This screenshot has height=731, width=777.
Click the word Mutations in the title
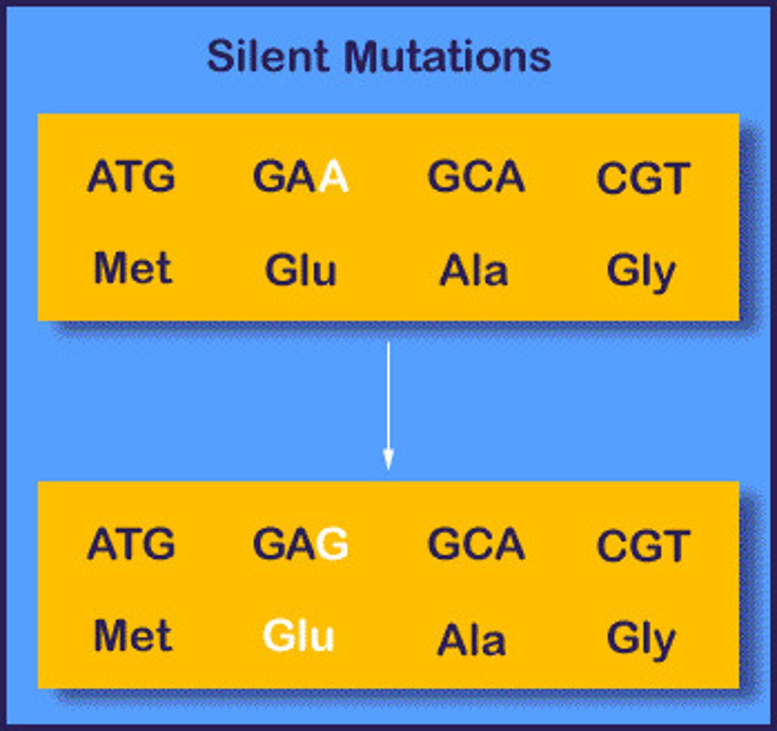tap(447, 57)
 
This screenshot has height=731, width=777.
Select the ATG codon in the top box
tap(131, 177)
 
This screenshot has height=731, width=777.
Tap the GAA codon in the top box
tap(300, 177)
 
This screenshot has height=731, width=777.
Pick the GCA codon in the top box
tap(476, 177)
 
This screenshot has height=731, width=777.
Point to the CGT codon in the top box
tap(643, 178)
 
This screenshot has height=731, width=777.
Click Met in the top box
tap(133, 269)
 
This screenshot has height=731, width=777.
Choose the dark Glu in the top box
tap(300, 270)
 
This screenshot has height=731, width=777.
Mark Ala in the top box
tap(473, 271)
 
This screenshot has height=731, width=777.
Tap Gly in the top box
tap(641, 272)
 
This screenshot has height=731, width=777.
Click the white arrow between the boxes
tap(388, 405)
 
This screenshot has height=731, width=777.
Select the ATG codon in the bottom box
tap(131, 544)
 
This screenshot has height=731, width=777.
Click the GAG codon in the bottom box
tap(300, 544)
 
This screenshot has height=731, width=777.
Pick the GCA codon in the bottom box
tap(476, 544)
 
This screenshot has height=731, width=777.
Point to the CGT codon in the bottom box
tap(643, 546)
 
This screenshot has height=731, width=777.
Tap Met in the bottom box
tap(133, 636)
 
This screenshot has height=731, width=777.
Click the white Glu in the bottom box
tap(298, 637)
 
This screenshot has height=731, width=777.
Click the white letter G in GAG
tap(332, 544)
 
